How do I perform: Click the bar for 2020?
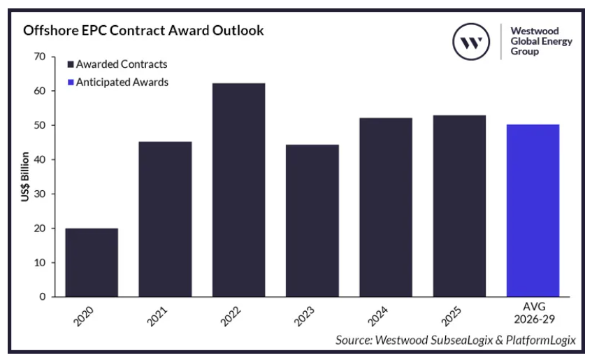pyautogui.click(x=92, y=262)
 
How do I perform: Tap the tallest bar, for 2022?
pyautogui.click(x=238, y=189)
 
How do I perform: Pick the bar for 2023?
pyautogui.click(x=312, y=220)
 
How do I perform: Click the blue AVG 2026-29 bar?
pyautogui.click(x=533, y=210)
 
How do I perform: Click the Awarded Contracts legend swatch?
pyautogui.click(x=70, y=64)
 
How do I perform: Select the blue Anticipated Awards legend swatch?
pyautogui.click(x=70, y=82)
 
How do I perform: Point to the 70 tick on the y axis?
pyautogui.click(x=41, y=57)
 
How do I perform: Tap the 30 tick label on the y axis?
pyautogui.click(x=41, y=194)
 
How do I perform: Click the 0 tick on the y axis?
pyautogui.click(x=43, y=296)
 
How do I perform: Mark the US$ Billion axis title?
pyautogui.click(x=25, y=177)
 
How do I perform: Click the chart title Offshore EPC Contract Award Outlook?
pyautogui.click(x=143, y=31)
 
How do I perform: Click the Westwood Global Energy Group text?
pyautogui.click(x=541, y=41)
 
